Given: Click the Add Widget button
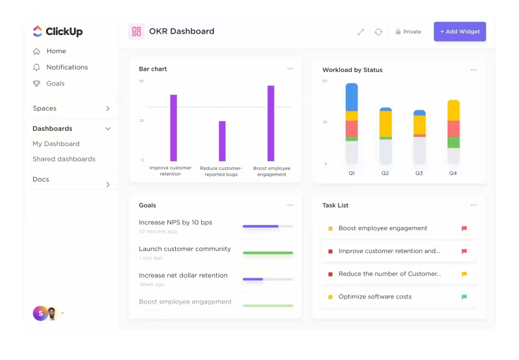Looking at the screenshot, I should coord(459,32).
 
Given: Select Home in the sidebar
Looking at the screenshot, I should coord(56,51).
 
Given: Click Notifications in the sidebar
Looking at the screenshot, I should coord(67,67).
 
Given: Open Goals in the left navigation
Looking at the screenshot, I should coord(55,84).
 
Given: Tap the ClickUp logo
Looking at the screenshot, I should coord(58,31).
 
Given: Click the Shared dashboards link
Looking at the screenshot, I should coord(64,159).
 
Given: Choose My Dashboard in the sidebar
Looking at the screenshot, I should coord(56,144).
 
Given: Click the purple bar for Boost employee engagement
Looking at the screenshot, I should coord(271,123).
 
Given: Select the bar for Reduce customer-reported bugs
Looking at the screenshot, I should coord(222,141).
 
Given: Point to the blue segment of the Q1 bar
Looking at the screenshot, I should coord(352,97).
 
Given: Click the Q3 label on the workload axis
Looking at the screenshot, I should coord(419,173).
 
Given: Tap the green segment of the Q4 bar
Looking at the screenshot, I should coord(453,142).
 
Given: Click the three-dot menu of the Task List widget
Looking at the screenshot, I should coord(474,205).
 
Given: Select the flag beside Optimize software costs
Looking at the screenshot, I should coord(464,296).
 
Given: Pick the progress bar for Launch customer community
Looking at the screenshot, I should coord(267,253).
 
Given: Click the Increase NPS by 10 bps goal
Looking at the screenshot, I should coord(175,222).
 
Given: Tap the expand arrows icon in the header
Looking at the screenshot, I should coord(361,32).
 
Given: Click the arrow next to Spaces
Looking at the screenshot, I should coord(108,109).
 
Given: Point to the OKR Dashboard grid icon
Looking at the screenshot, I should coord(136,31).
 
